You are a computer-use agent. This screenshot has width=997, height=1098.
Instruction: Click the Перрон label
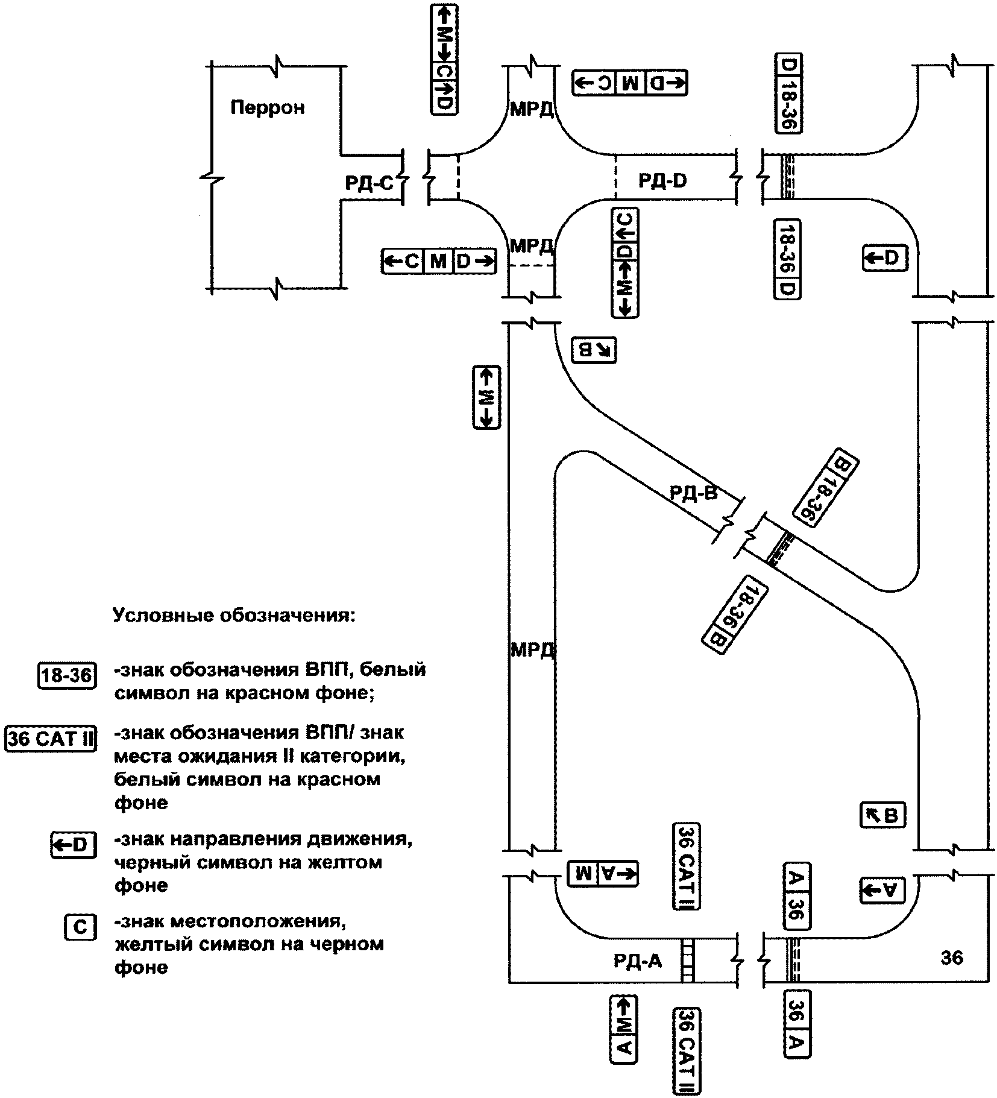pyautogui.click(x=268, y=108)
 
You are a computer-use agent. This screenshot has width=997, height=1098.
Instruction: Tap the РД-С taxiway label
pyautogui.click(x=369, y=183)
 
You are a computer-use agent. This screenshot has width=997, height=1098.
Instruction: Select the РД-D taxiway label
pyautogui.click(x=662, y=180)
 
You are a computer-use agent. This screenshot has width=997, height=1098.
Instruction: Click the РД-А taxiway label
pyautogui.click(x=638, y=960)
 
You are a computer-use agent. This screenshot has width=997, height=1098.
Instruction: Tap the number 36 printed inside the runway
pyautogui.click(x=952, y=957)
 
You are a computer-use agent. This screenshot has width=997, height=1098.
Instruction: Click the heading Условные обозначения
pyautogui.click(x=234, y=616)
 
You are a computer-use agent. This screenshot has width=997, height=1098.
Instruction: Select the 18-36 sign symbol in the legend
pyautogui.click(x=67, y=675)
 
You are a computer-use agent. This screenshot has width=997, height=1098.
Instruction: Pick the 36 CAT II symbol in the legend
pyautogui.click(x=51, y=739)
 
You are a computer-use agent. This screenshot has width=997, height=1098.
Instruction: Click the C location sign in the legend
pyautogui.click(x=80, y=926)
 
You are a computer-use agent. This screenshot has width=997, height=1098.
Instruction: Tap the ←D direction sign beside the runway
pyautogui.click(x=884, y=258)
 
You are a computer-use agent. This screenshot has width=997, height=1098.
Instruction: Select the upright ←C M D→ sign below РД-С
pyautogui.click(x=439, y=262)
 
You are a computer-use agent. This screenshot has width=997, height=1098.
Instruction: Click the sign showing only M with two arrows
pyautogui.click(x=486, y=397)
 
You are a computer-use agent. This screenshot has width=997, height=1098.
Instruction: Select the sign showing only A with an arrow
pyautogui.click(x=883, y=889)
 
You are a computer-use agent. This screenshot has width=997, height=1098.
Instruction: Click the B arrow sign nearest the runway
pyautogui.click(x=883, y=816)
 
